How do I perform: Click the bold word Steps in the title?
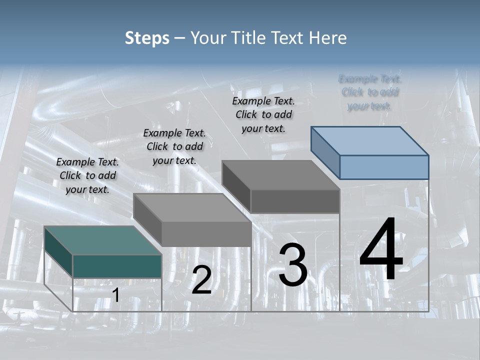[x=147, y=38]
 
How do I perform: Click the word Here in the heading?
[x=328, y=38]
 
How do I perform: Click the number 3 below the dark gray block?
[x=292, y=265]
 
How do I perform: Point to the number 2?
[x=201, y=280]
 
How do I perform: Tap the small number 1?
[x=115, y=295]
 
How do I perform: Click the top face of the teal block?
[x=102, y=240]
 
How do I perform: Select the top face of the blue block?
[x=370, y=140]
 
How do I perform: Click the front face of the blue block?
[x=384, y=167]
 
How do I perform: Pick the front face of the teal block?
[x=117, y=266]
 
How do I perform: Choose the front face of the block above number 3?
[x=295, y=201]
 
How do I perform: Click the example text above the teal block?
[x=87, y=175]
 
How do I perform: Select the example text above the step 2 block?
[x=174, y=146]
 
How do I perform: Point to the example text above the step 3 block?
[x=263, y=114]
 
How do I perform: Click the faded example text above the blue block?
[x=370, y=92]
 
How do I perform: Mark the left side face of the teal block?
[x=58, y=251]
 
